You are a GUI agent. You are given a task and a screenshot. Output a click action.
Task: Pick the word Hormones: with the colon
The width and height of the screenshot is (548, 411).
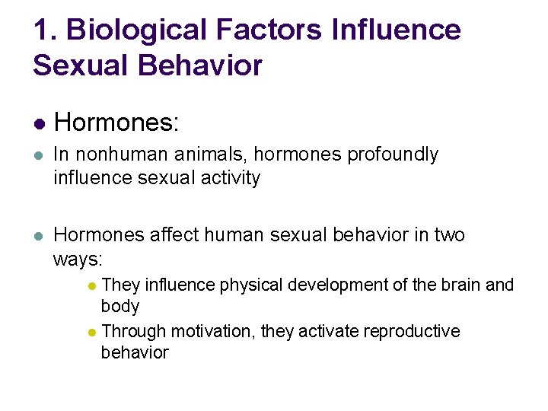pyautogui.click(x=116, y=121)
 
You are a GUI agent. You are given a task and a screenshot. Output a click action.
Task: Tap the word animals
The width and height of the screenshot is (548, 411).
pyautogui.click(x=213, y=155)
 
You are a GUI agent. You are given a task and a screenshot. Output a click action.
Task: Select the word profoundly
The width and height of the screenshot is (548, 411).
pyautogui.click(x=393, y=155)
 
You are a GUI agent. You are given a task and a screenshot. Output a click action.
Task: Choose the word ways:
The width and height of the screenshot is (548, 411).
pyautogui.click(x=78, y=260)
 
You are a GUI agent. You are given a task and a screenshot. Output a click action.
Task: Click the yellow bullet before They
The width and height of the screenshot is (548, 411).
pyautogui.click(x=91, y=286)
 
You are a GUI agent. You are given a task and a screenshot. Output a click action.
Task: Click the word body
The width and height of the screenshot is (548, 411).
pyautogui.click(x=120, y=307)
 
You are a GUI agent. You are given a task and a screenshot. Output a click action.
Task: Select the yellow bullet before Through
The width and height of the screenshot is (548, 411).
pyautogui.click(x=91, y=333)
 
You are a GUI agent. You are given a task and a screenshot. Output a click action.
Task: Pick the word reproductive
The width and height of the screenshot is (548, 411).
pyautogui.click(x=412, y=332)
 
